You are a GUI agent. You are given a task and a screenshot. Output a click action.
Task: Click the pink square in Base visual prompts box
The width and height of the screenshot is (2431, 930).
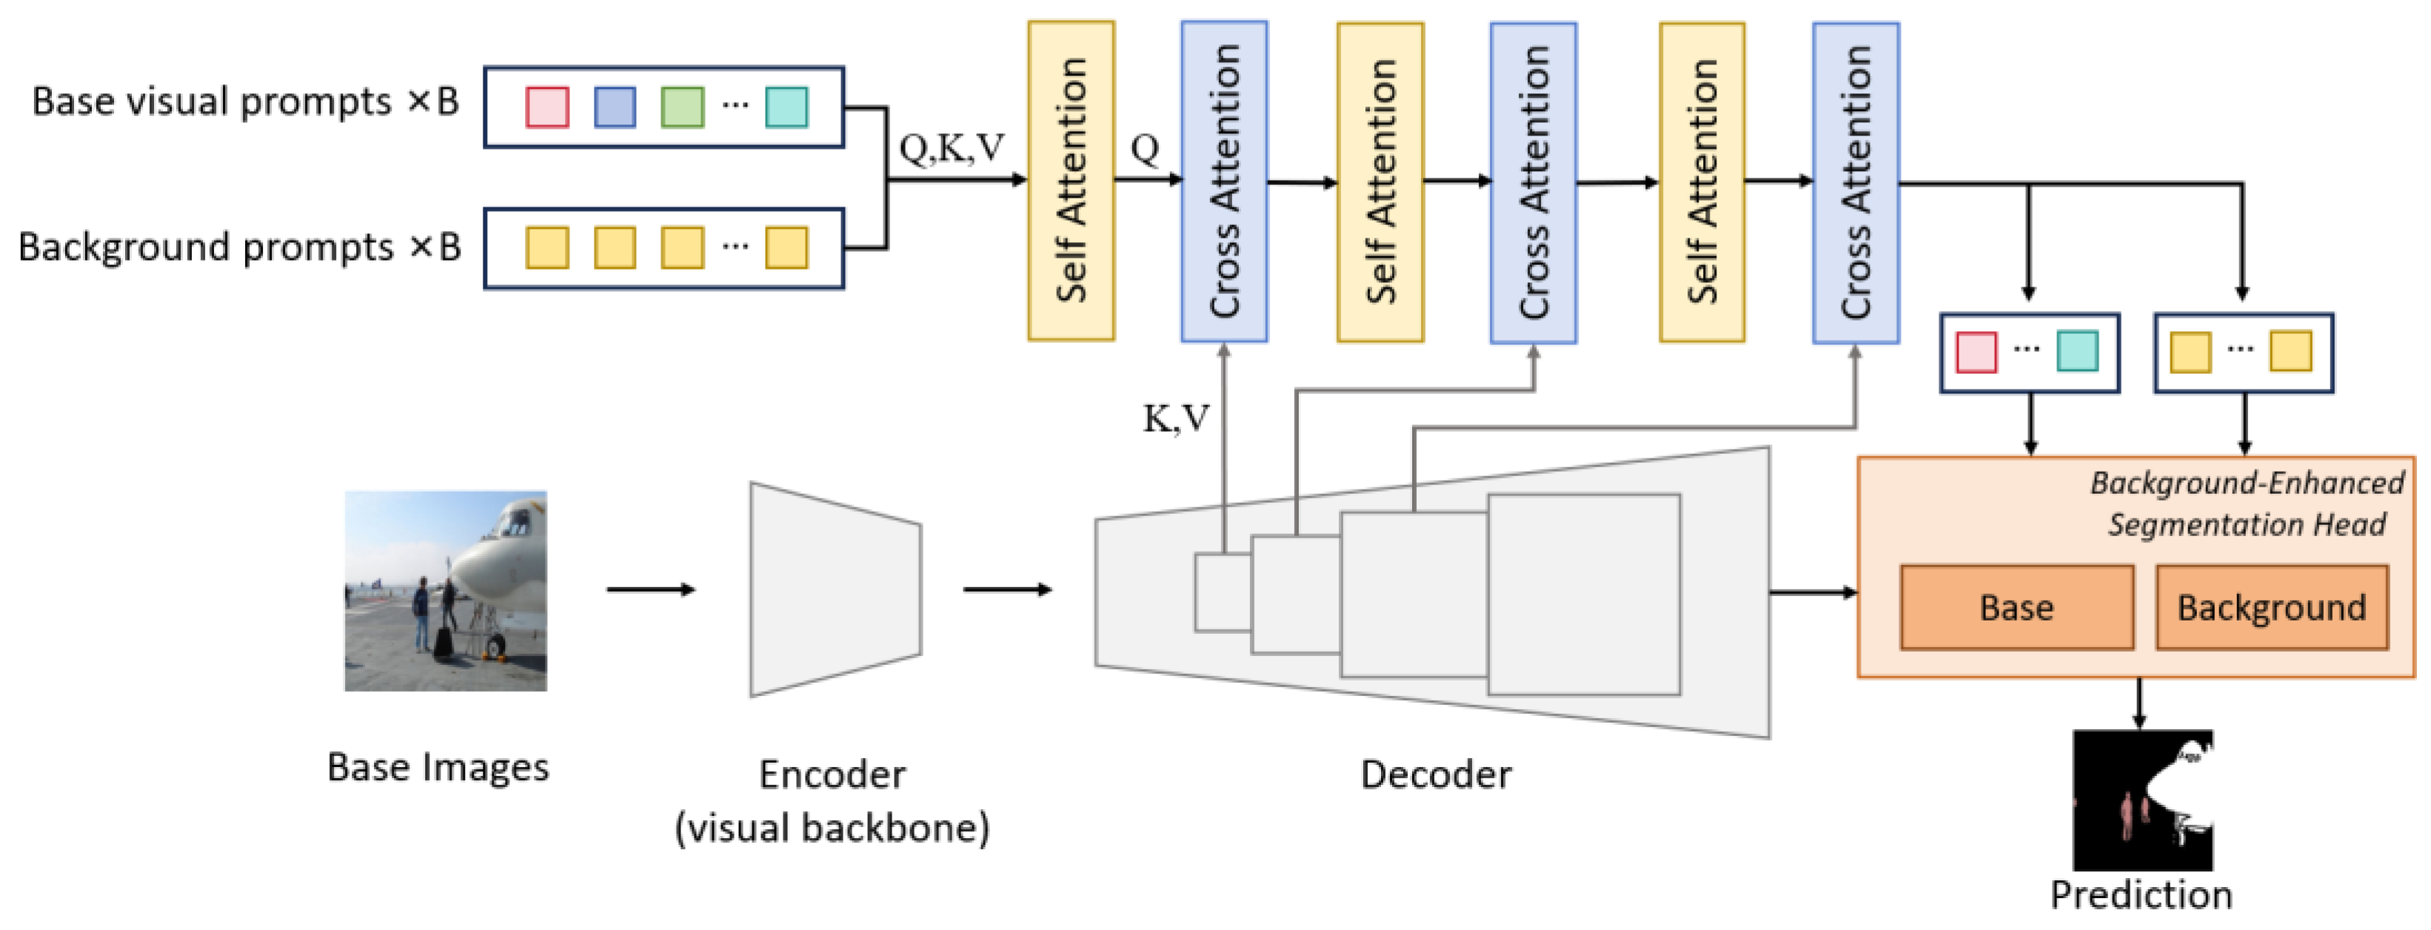(x=546, y=107)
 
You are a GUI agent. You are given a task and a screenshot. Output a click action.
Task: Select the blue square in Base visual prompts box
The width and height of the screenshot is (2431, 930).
(x=615, y=107)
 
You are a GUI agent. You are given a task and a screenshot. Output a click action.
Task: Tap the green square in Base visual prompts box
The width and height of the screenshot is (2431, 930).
(x=682, y=107)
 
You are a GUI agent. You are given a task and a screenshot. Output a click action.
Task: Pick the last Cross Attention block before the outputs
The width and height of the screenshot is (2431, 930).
(x=1856, y=182)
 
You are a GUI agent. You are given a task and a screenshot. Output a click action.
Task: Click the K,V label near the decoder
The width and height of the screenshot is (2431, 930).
(x=1175, y=418)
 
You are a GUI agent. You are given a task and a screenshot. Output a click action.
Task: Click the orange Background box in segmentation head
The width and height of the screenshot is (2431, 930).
(x=2272, y=607)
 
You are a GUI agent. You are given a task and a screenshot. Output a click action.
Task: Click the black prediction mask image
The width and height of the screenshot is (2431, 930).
(x=2142, y=800)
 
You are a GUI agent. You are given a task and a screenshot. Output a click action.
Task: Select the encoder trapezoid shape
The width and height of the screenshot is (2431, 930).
(x=835, y=589)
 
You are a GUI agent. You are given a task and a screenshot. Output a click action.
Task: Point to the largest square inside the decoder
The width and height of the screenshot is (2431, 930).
(x=1584, y=595)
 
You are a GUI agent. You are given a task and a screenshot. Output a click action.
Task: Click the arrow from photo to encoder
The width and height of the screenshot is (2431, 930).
(x=650, y=589)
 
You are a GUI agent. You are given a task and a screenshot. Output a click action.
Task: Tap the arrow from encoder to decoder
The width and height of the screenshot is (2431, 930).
(x=1006, y=589)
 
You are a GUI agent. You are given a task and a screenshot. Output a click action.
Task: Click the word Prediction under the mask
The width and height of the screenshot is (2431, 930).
(x=2140, y=894)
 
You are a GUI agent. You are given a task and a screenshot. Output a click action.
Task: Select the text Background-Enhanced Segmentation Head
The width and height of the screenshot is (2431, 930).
(x=2246, y=504)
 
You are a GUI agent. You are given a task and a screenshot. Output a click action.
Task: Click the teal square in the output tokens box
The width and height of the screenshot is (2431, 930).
(x=2076, y=352)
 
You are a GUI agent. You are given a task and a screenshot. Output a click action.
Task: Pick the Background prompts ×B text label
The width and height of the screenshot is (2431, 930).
(x=238, y=247)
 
